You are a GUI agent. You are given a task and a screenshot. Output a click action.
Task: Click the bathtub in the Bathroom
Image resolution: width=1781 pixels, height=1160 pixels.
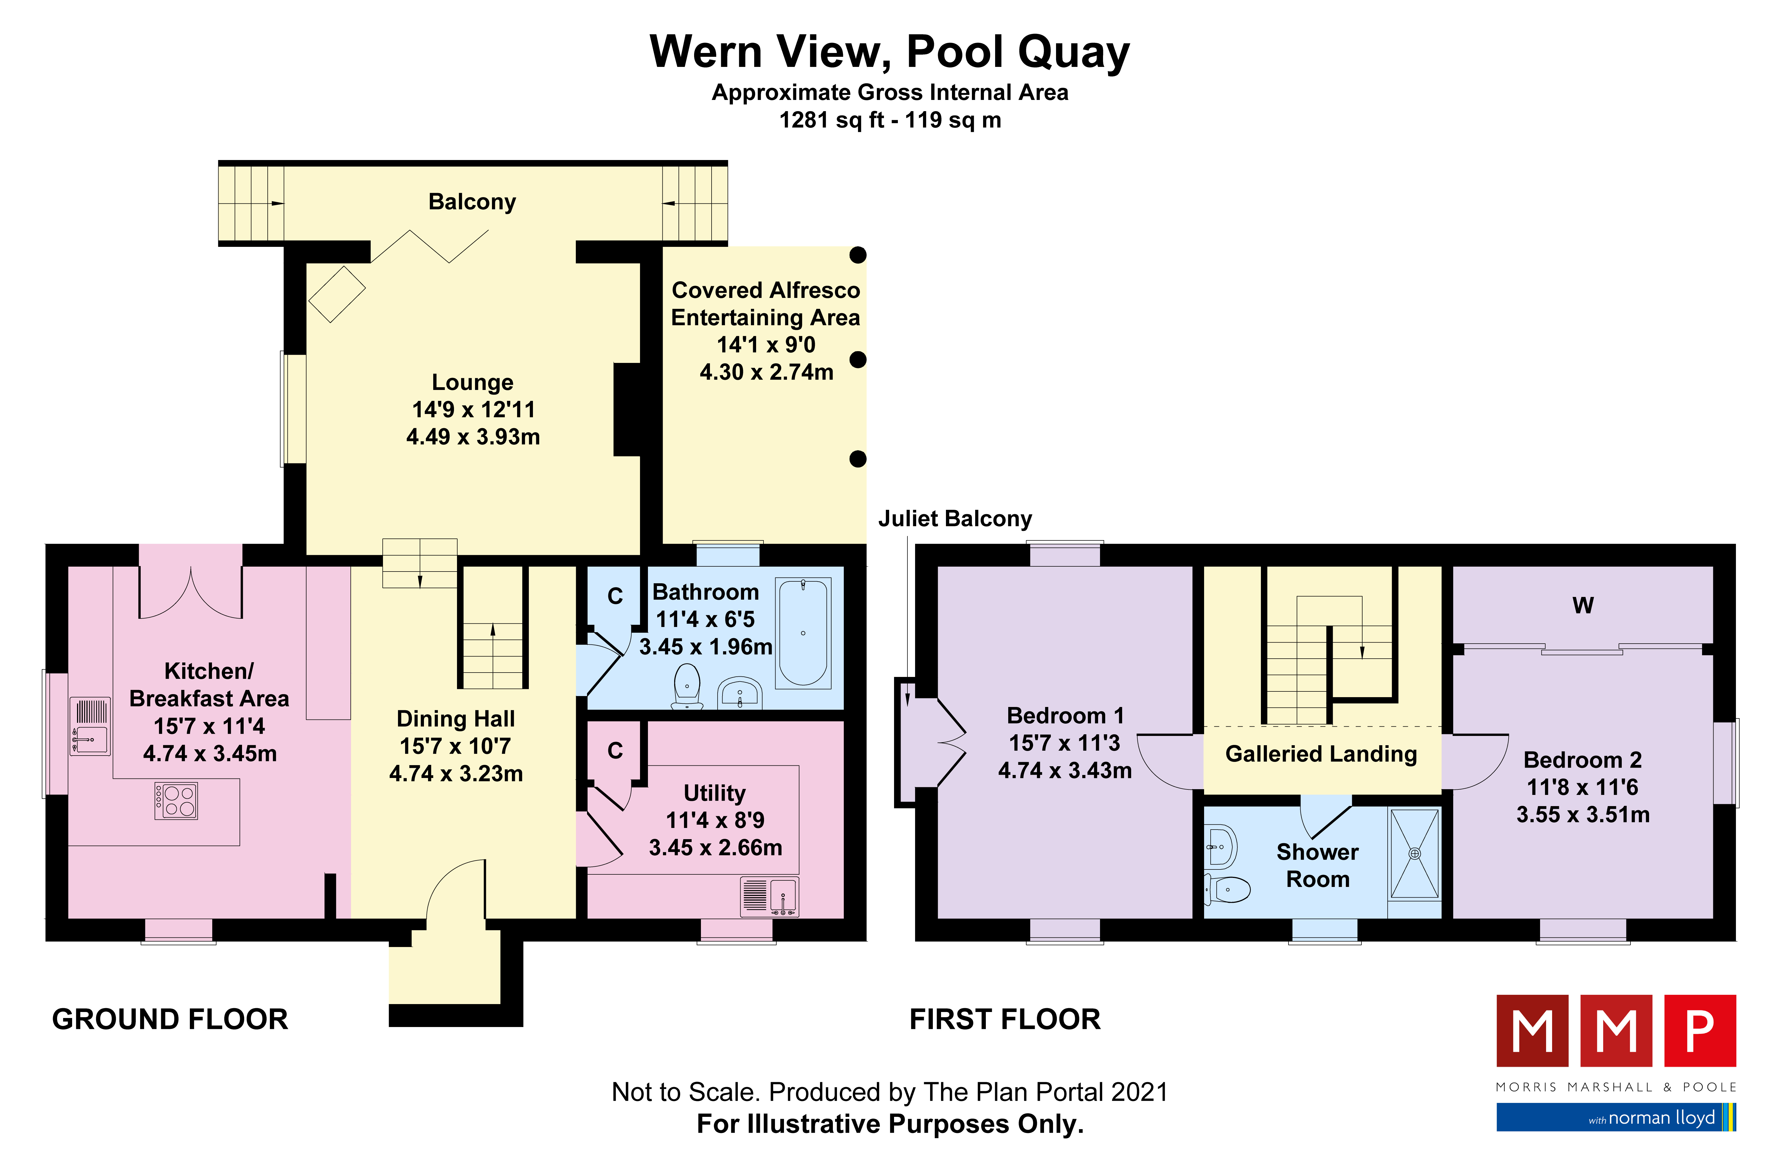tap(803, 633)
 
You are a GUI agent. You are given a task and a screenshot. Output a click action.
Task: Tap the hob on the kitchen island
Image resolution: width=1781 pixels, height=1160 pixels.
tap(176, 800)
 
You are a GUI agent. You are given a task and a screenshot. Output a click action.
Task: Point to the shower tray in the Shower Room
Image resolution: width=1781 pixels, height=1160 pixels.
tap(1414, 853)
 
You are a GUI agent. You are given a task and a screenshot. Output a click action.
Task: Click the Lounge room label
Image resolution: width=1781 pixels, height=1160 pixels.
tap(473, 382)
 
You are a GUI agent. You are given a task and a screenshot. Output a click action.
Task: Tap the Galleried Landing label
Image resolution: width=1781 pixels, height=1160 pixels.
tap(1321, 754)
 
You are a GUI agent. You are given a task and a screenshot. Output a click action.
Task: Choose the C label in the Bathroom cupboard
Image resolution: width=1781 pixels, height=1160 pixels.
tap(615, 596)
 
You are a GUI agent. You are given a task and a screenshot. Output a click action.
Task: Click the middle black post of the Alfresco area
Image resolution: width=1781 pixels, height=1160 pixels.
tap(858, 360)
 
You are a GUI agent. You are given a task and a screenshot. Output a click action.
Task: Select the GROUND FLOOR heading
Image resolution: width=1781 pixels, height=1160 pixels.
tap(170, 1019)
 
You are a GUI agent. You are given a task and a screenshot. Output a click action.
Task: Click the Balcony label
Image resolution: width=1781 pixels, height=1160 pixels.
tap(472, 202)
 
